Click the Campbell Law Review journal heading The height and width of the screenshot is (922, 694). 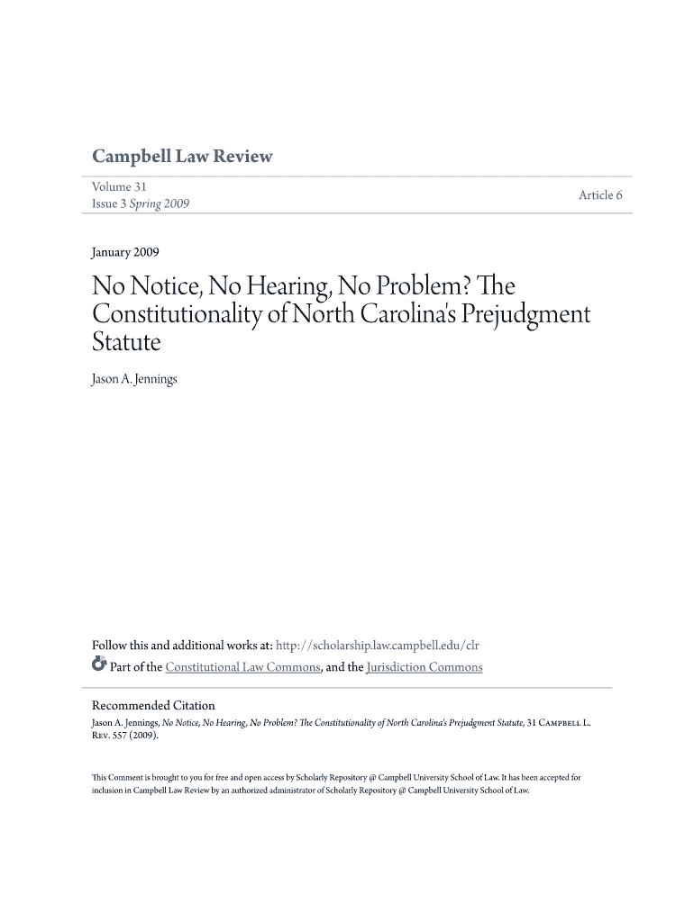pyautogui.click(x=182, y=157)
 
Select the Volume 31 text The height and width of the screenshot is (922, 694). pyautogui.click(x=119, y=186)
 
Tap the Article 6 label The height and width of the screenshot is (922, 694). pyautogui.click(x=600, y=194)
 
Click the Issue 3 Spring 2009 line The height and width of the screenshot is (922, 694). pyautogui.click(x=141, y=204)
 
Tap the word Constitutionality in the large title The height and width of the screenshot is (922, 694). pyautogui.click(x=185, y=315)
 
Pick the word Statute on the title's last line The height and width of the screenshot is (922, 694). pyautogui.click(x=126, y=342)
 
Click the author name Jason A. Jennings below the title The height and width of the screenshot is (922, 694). pyautogui.click(x=135, y=379)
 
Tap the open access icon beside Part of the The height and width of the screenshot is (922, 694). pyautogui.click(x=99, y=666)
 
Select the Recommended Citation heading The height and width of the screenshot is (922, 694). pyautogui.click(x=153, y=705)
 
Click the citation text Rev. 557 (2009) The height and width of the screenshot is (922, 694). pyautogui.click(x=126, y=736)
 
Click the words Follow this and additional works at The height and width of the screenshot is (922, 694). pyautogui.click(x=182, y=646)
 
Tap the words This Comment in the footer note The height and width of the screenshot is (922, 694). pyautogui.click(x=120, y=776)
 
